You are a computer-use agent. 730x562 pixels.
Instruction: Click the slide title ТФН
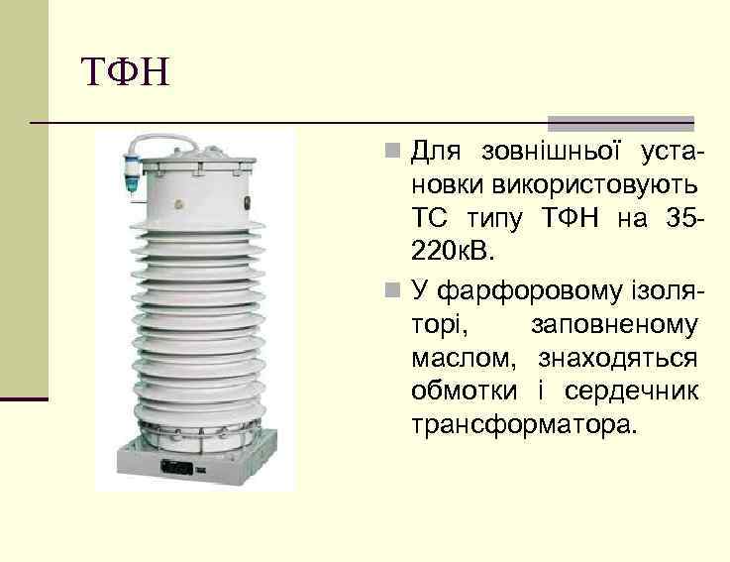125,71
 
